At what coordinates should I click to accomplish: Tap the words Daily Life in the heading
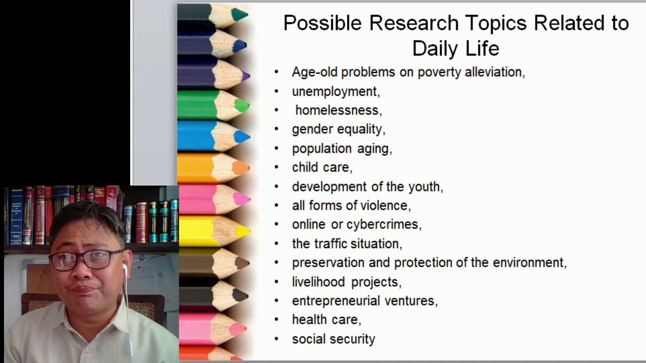click(x=455, y=49)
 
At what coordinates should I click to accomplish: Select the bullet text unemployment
click(x=335, y=91)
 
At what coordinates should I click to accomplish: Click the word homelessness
click(x=337, y=110)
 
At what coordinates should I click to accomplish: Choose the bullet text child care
click(x=321, y=167)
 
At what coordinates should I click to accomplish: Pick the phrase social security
click(x=333, y=339)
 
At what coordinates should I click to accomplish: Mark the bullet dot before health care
click(x=276, y=320)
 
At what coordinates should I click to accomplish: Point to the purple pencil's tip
click(x=245, y=76)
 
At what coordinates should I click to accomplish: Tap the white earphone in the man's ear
click(x=124, y=269)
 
